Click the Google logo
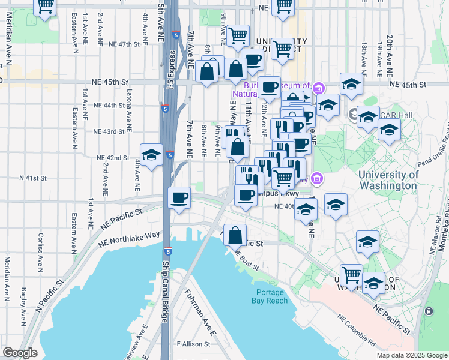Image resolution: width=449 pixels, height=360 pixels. tap(19, 353)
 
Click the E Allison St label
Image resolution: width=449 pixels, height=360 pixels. tap(193, 344)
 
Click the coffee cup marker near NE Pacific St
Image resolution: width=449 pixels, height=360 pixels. tap(179, 197)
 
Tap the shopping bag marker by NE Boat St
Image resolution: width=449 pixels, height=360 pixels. tap(235, 234)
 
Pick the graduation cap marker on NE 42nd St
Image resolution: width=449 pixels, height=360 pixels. tap(151, 154)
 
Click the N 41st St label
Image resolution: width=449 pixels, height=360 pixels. tap(33, 178)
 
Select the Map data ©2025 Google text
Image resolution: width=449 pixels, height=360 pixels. tap(411, 355)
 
